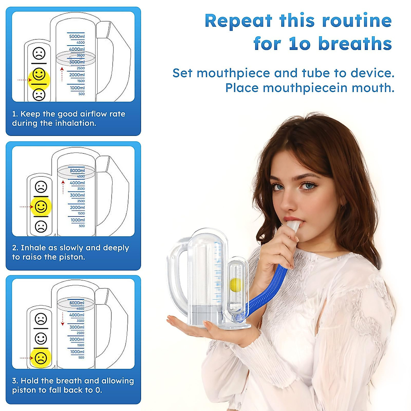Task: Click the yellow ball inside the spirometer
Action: pyautogui.click(x=236, y=284)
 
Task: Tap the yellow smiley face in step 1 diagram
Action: pyautogui.click(x=39, y=74)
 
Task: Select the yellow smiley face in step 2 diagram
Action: pyautogui.click(x=41, y=207)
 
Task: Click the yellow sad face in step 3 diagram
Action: pyautogui.click(x=40, y=358)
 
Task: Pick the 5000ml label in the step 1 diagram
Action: pyautogui.click(x=77, y=36)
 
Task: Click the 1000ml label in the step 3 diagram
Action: pyautogui.click(x=77, y=352)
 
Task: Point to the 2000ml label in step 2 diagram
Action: pyautogui.click(x=77, y=208)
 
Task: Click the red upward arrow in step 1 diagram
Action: pyautogui.click(x=62, y=74)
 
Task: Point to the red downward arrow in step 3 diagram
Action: pyautogui.click(x=62, y=319)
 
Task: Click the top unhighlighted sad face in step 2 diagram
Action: pyautogui.click(x=41, y=187)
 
